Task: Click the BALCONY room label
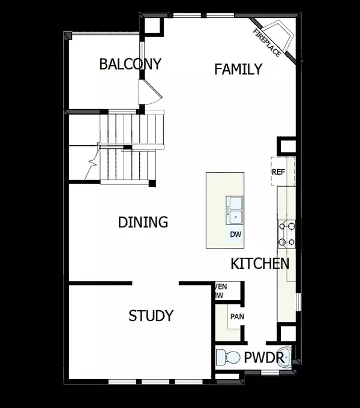131,64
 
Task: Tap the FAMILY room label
238,69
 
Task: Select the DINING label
143,223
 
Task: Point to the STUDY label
151,316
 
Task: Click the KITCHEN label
260,263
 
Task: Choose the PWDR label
263,358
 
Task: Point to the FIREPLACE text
266,43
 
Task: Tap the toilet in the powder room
227,358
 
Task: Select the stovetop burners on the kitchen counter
286,234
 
